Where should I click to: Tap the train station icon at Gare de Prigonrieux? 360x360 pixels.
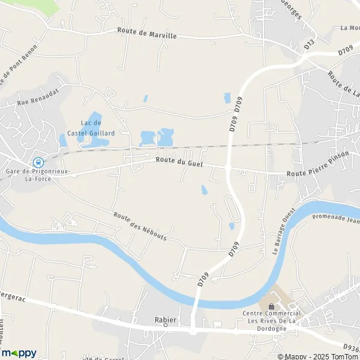(x=38, y=162)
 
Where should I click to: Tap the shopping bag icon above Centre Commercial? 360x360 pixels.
(x=271, y=307)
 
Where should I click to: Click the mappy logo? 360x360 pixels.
(x=19, y=353)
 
